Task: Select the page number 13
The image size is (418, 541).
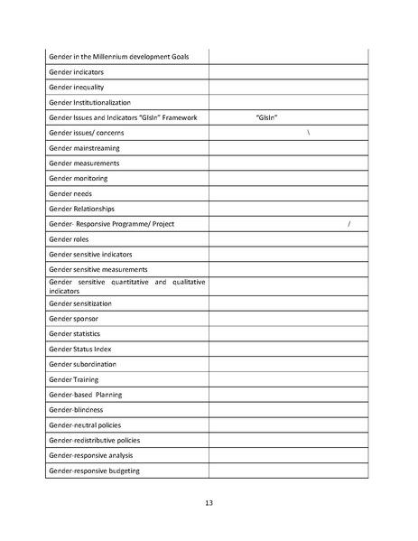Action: [x=209, y=502]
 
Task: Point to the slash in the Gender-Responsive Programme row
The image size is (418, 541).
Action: [x=348, y=223]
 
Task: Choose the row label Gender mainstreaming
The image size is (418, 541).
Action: [x=84, y=148]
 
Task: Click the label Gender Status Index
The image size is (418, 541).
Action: [x=80, y=349]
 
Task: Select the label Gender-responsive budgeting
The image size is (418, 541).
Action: [x=94, y=471]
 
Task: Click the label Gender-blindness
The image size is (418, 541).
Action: [x=78, y=409]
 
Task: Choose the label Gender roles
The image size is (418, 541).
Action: [x=70, y=238]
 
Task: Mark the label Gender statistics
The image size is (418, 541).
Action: [x=74, y=333]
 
